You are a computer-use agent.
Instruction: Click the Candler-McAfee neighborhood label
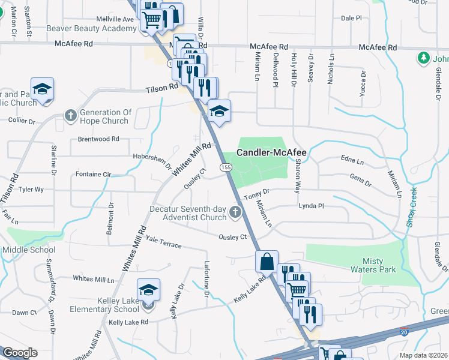271,153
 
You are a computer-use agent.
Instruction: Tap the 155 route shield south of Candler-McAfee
223,166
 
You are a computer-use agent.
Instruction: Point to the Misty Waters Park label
379,265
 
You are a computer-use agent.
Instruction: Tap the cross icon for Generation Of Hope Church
70,115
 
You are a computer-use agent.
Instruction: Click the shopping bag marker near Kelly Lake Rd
267,262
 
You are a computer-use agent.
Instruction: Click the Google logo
20,353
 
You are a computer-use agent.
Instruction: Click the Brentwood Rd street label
98,139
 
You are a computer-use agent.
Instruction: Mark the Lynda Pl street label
312,206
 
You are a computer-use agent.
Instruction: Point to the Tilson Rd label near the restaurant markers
162,88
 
